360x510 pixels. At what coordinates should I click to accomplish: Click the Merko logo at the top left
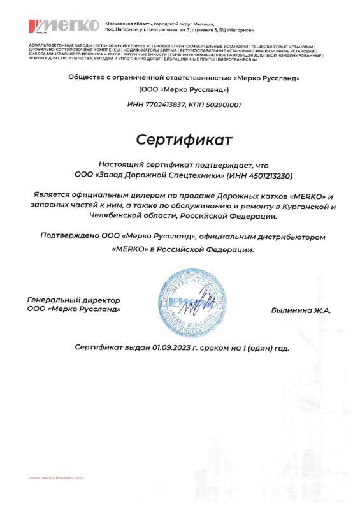(64, 26)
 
